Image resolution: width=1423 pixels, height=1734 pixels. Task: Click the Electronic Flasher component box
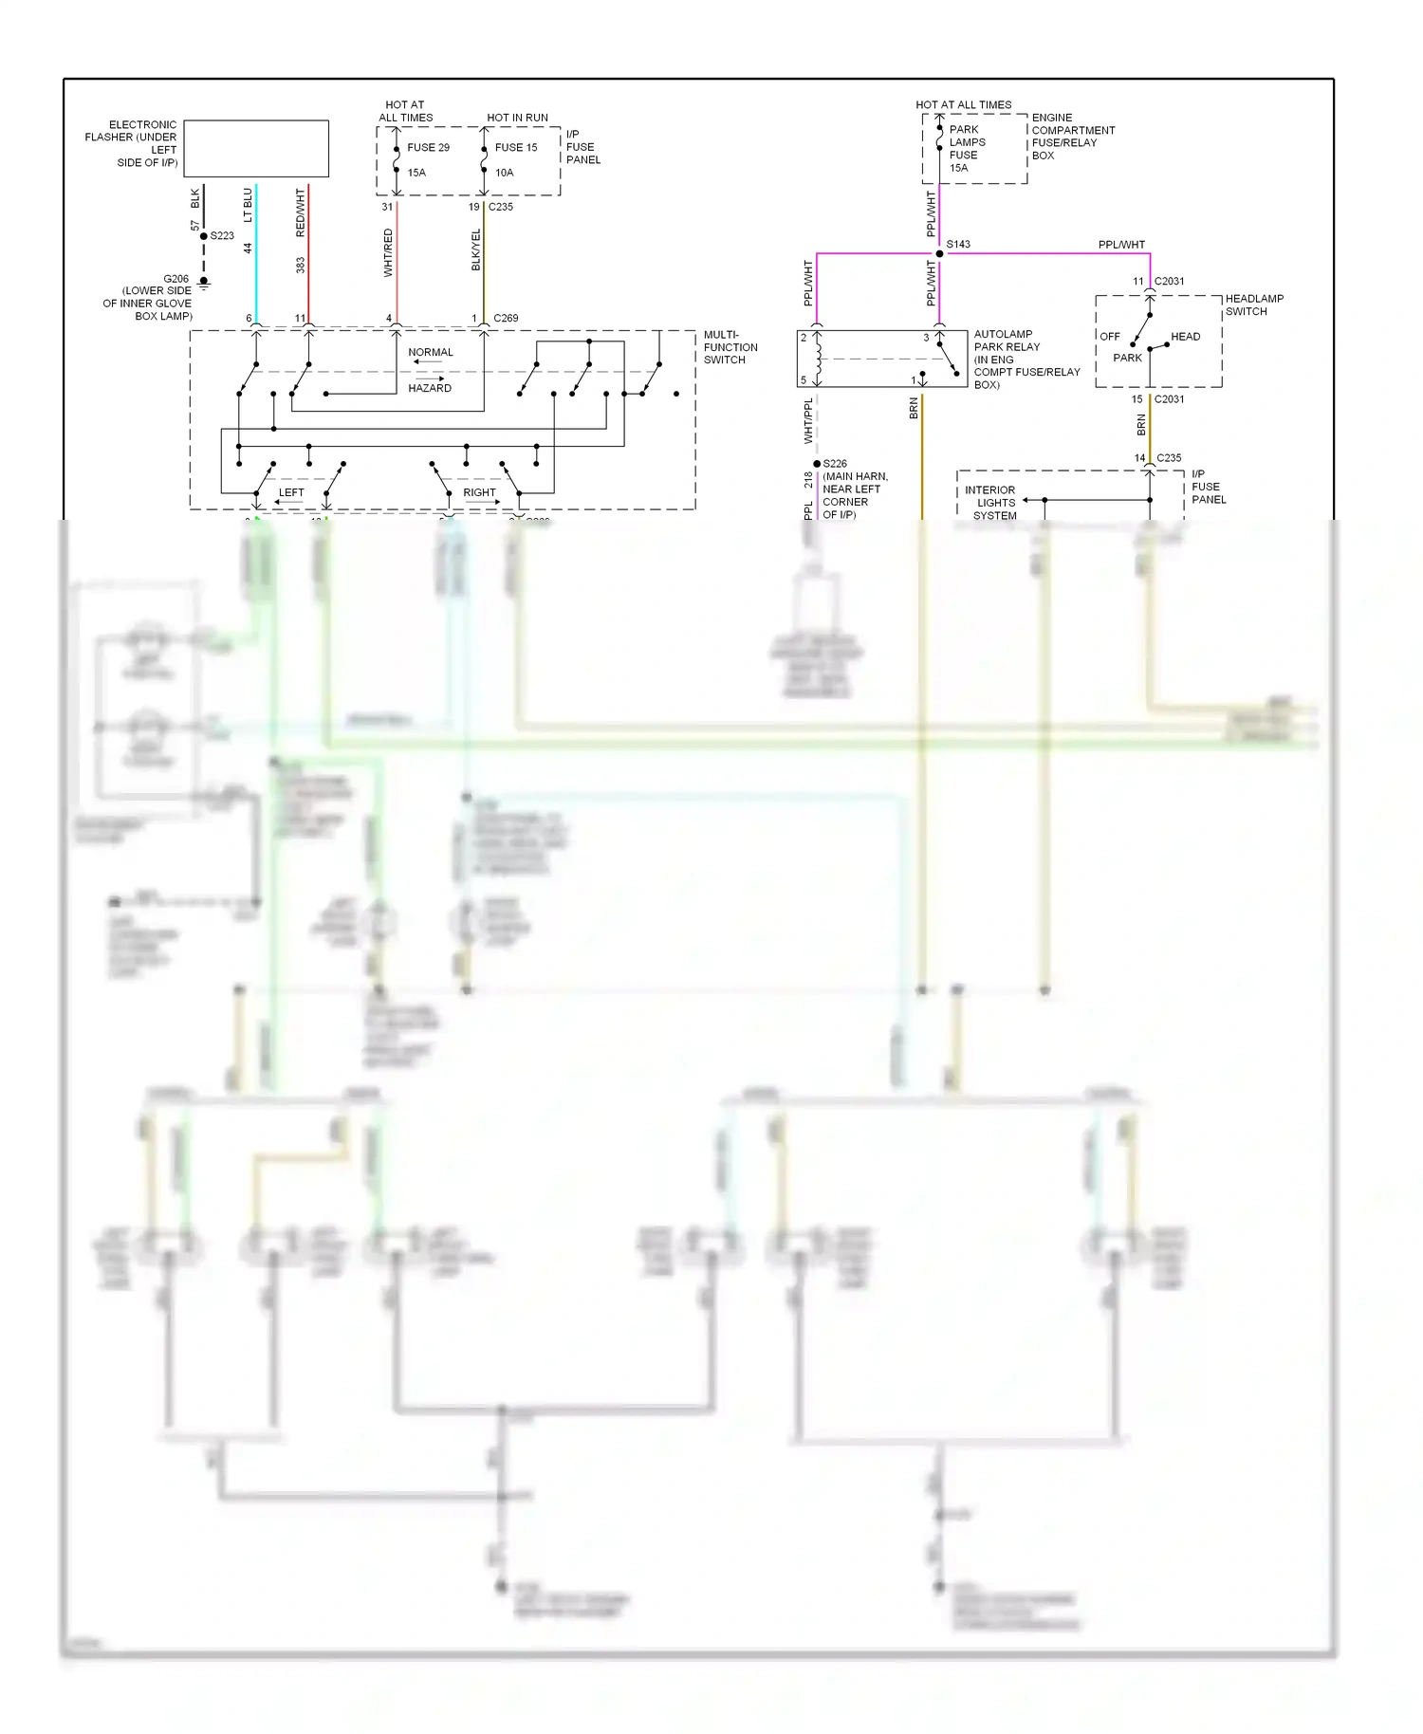tap(256, 148)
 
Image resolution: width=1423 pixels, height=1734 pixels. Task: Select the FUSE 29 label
tap(428, 148)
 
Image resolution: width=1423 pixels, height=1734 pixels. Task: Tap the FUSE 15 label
tap(516, 148)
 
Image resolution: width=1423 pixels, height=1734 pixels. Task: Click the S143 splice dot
tap(939, 253)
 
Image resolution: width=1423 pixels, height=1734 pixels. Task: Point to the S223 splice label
tap(222, 236)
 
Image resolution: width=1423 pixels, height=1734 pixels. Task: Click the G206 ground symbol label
tap(176, 279)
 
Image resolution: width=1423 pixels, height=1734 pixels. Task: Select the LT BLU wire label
tap(249, 205)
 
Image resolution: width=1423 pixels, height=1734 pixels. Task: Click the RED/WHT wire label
tap(301, 212)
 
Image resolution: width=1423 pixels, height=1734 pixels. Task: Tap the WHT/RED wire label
tap(388, 252)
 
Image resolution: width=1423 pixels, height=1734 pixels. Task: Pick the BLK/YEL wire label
tap(476, 249)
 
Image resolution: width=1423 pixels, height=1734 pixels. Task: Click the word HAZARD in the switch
tap(430, 388)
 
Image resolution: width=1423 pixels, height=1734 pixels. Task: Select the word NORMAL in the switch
tap(431, 352)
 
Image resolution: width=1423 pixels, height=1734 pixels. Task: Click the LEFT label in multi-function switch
tap(291, 492)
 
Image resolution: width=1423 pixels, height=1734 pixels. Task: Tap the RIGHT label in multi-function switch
tap(479, 492)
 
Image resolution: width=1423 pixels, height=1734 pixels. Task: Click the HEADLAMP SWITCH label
tap(1253, 304)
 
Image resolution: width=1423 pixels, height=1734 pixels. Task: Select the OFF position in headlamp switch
tap(1110, 337)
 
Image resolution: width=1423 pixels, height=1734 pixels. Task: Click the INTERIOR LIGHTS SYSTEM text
tap(992, 503)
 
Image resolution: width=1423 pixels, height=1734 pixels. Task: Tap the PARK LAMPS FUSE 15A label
tap(966, 149)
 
